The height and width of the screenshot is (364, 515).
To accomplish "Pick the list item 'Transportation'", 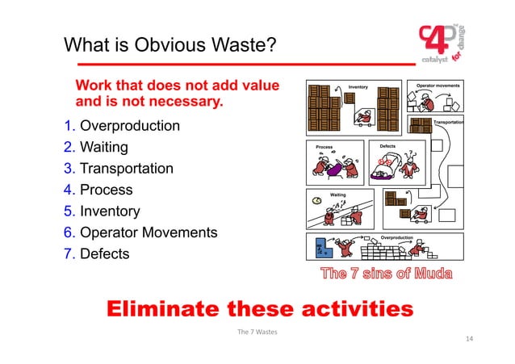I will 126,169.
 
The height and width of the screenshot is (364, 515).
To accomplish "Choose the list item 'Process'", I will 106,190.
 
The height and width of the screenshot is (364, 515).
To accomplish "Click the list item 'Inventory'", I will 109,211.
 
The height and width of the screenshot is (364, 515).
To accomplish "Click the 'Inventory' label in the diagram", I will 358,85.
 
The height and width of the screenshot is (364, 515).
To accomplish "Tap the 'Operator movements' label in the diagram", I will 438,85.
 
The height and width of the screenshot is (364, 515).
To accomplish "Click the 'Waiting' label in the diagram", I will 338,195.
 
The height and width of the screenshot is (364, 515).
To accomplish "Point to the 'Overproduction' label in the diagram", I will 397,237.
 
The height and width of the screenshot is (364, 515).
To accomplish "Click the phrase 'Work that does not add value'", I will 177,86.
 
